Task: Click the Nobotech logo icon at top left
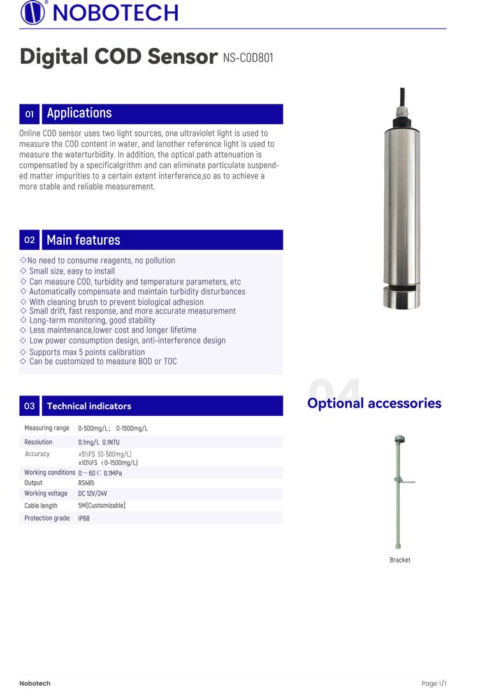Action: (x=33, y=12)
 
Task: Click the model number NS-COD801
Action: (x=248, y=58)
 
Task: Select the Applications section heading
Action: (x=79, y=114)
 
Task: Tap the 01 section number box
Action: (x=29, y=114)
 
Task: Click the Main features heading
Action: (x=83, y=240)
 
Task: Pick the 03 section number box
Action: (x=29, y=406)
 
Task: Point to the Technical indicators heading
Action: (x=89, y=406)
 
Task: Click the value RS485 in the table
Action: (x=86, y=483)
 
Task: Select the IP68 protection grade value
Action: (x=84, y=518)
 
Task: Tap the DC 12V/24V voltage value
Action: (x=92, y=494)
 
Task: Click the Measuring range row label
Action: (x=47, y=428)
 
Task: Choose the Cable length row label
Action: (x=41, y=506)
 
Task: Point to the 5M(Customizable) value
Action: (x=101, y=506)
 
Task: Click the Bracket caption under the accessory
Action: (x=400, y=560)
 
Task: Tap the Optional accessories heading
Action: (x=374, y=403)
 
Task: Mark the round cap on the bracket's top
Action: (x=400, y=439)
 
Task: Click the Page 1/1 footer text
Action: (x=433, y=683)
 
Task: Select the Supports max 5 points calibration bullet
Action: (x=87, y=352)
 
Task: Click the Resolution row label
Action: (x=38, y=442)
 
